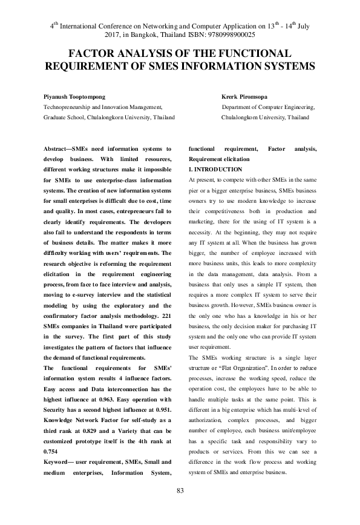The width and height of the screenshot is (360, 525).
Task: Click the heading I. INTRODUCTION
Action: point(215,170)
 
